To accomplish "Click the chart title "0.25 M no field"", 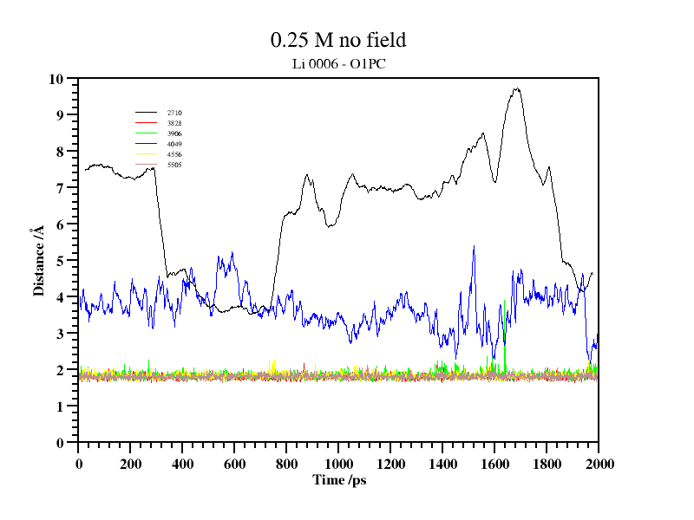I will (338, 40).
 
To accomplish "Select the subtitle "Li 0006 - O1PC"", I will (338, 62).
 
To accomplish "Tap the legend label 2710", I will (174, 113).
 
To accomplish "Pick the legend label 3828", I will (174, 123).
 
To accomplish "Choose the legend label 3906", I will (174, 133).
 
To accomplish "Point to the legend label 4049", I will (174, 144).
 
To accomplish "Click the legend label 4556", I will (174, 154).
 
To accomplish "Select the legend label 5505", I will (174, 165).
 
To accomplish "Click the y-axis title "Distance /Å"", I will (39, 261).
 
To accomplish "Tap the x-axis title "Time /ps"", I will (339, 480).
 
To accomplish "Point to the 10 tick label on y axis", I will (57, 79).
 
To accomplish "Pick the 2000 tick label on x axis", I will (599, 464).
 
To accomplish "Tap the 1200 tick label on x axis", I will (391, 464).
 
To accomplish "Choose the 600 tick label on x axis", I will (235, 464).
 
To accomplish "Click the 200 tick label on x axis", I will (131, 464).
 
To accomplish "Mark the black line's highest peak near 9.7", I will (517, 88).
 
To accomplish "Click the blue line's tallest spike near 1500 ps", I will (474, 246).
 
